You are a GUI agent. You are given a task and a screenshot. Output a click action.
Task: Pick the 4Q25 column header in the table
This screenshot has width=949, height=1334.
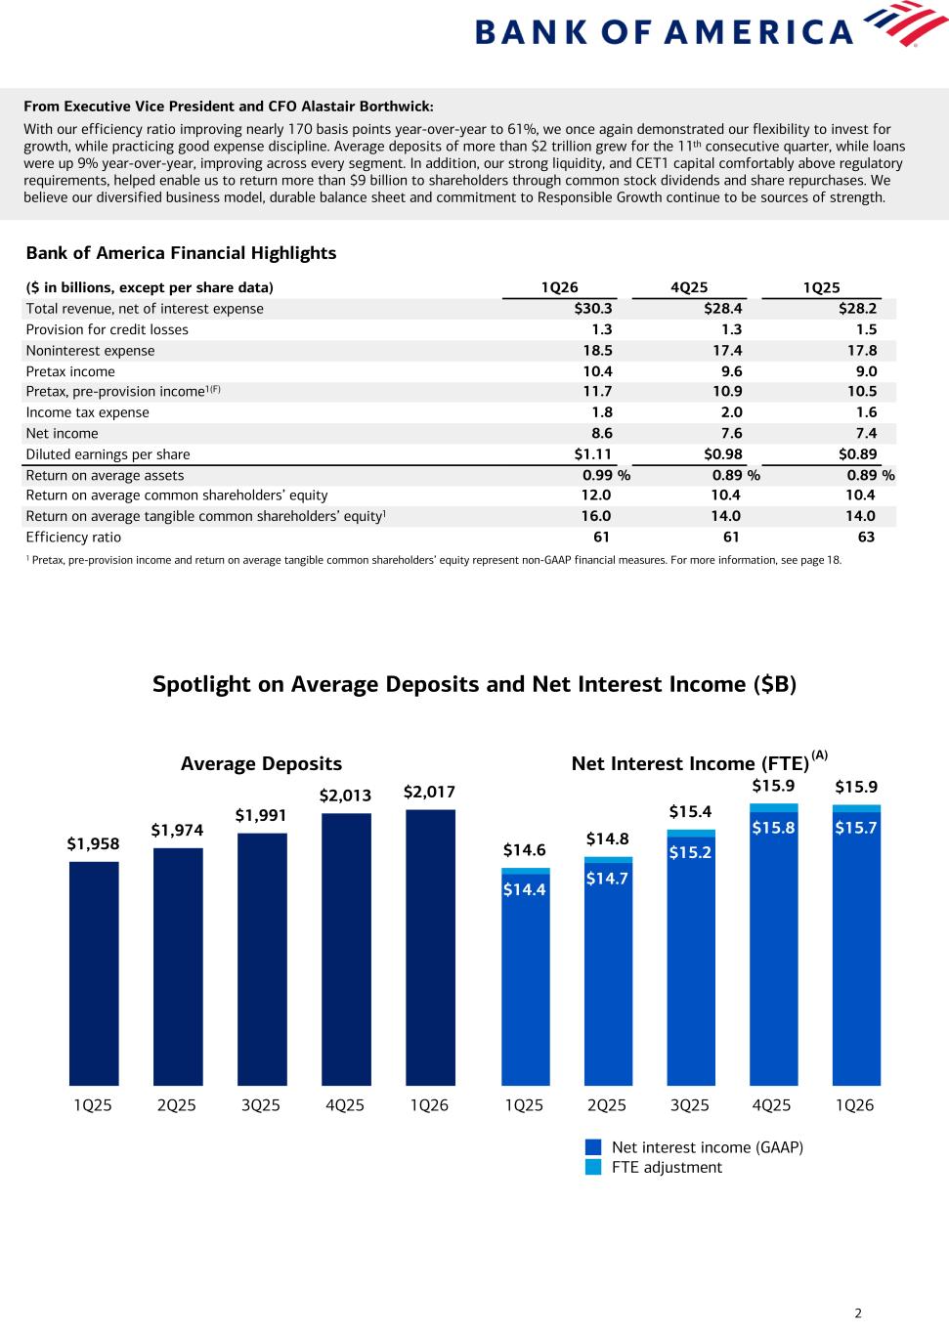689,287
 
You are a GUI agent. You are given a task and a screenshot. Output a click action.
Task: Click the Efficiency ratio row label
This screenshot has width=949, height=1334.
73,538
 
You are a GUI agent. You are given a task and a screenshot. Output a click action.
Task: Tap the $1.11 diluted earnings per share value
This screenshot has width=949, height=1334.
593,454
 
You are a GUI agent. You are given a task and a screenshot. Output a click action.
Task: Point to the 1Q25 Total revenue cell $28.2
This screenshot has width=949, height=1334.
857,309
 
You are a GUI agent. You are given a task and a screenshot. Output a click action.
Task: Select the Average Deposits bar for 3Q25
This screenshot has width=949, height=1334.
262,958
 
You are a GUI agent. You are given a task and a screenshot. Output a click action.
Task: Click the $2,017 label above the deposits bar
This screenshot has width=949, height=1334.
429,792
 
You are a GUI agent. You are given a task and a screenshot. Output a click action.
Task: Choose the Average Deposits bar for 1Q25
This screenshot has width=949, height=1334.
94,972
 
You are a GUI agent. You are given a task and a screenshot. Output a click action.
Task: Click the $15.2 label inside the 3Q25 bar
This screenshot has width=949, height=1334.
690,852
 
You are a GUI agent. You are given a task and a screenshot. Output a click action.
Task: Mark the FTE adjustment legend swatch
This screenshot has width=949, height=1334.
593,1167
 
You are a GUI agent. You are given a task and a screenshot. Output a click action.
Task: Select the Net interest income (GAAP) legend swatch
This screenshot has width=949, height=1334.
593,1147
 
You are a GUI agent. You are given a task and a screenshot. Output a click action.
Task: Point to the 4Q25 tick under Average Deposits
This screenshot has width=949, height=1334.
345,1105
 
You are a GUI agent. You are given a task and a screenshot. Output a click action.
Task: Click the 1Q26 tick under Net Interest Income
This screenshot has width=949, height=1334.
855,1105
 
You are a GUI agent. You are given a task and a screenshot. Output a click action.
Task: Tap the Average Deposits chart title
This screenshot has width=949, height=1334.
261,764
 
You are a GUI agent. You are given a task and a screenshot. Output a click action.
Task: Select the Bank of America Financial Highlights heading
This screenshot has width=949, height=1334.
181,253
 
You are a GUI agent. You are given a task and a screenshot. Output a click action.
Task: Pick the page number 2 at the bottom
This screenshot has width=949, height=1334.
858,1313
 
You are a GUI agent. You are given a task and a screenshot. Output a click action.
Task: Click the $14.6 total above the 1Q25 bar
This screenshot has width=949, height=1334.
525,850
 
